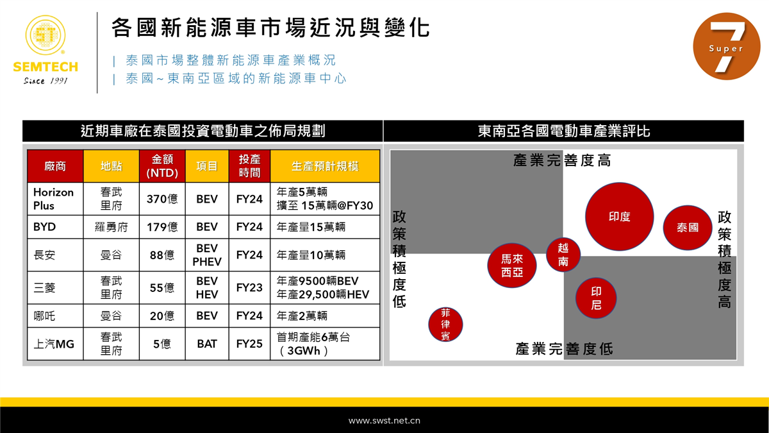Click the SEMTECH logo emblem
(x=45, y=35)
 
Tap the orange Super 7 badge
(x=727, y=46)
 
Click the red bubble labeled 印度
(x=619, y=217)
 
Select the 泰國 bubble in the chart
(x=688, y=228)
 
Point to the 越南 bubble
(x=563, y=255)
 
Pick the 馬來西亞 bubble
(x=512, y=266)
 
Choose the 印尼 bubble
(x=596, y=298)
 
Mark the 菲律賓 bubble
(x=445, y=325)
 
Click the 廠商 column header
(x=55, y=166)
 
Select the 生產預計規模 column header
(x=325, y=166)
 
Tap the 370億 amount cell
(x=162, y=199)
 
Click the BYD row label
(x=44, y=227)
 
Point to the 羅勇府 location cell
(x=112, y=227)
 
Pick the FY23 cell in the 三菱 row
(x=249, y=287)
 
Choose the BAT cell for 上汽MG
(x=207, y=344)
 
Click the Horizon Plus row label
(x=53, y=199)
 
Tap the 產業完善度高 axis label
(x=562, y=160)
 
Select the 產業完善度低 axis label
(x=564, y=349)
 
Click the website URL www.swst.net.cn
(x=384, y=421)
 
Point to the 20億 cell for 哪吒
(x=162, y=316)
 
